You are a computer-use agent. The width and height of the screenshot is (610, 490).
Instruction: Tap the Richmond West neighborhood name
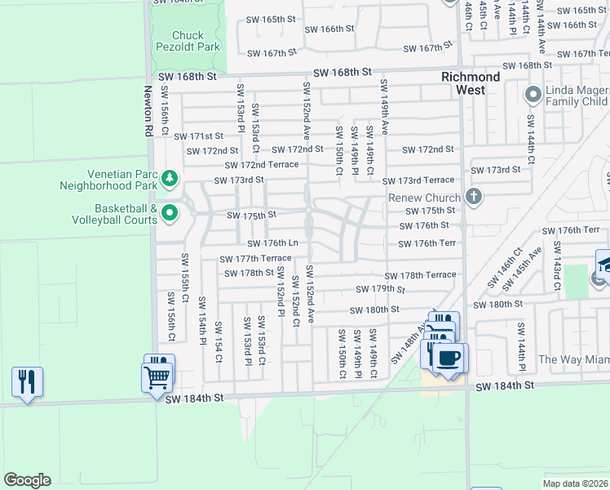coord(471,83)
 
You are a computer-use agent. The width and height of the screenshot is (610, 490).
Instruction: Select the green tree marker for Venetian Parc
coord(169,179)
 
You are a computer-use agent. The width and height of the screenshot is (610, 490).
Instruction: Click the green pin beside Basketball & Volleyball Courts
coord(169,214)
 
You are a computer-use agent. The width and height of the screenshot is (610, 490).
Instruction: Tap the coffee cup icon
coord(448,358)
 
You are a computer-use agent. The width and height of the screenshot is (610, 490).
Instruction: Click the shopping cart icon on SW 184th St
coord(157,376)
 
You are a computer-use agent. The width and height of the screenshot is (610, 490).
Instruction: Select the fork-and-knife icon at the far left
coord(27,381)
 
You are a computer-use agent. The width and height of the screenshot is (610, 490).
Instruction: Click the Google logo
coord(27,479)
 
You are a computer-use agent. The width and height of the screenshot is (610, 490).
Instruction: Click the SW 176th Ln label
coord(273,243)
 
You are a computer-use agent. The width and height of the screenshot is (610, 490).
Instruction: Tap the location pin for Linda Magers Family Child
coord(533,94)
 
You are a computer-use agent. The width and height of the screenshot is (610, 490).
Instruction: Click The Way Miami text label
coord(572,359)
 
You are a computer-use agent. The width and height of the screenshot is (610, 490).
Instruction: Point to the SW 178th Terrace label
coord(420,275)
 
